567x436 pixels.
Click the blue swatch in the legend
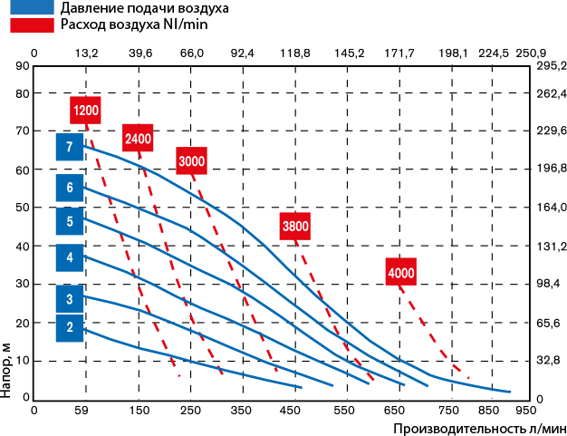click(32, 7)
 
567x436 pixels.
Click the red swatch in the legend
click(32, 25)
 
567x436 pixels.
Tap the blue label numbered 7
click(69, 147)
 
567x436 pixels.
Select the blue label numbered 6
click(69, 188)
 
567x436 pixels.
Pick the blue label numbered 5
click(69, 221)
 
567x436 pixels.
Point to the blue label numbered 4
click(69, 257)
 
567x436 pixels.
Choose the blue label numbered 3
click(69, 298)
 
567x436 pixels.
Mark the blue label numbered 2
click(69, 327)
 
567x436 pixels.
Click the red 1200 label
click(85, 111)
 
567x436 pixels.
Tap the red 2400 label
click(138, 139)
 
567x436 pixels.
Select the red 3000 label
click(191, 161)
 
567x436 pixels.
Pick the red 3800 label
click(295, 227)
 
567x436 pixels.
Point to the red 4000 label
click(400, 273)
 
